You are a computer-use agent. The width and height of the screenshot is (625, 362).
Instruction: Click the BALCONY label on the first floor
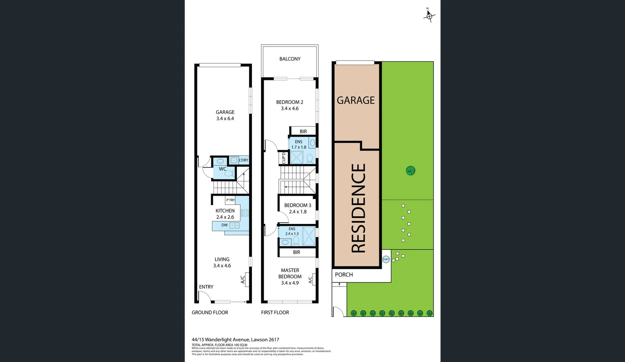pos(290,59)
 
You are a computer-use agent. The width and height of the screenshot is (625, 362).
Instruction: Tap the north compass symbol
pos(429,15)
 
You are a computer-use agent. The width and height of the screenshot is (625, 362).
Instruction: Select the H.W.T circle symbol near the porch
pos(386,259)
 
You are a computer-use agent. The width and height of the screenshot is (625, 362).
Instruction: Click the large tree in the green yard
pos(410,171)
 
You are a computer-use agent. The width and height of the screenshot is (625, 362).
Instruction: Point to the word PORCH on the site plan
pos(344,275)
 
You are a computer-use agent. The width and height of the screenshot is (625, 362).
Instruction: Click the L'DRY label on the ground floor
pos(243,160)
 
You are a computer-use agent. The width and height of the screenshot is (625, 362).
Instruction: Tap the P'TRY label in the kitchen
pos(231,200)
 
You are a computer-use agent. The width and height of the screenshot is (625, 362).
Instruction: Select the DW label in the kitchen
pos(225,225)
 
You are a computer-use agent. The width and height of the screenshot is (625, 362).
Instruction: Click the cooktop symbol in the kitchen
pos(245,213)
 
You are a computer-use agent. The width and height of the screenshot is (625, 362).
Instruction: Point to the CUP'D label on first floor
pos(284,158)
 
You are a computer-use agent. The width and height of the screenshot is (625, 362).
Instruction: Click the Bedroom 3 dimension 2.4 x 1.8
pos(298,212)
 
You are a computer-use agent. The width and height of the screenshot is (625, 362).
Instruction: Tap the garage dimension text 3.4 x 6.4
pos(225,119)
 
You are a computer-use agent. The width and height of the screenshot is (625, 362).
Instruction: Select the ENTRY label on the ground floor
pos(206,287)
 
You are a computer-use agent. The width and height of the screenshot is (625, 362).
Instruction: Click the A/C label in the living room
pos(243,280)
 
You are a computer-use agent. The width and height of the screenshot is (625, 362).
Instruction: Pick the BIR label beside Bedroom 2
pos(303,131)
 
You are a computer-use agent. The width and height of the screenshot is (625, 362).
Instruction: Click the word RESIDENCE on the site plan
pos(358,208)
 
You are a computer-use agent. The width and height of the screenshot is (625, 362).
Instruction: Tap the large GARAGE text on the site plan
pos(356,100)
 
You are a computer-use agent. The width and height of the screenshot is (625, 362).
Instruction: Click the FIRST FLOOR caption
pos(275,312)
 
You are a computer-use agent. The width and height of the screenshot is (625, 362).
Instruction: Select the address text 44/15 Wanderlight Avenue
pos(235,340)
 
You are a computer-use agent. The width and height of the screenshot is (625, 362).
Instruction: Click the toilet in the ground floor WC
pos(229,173)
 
